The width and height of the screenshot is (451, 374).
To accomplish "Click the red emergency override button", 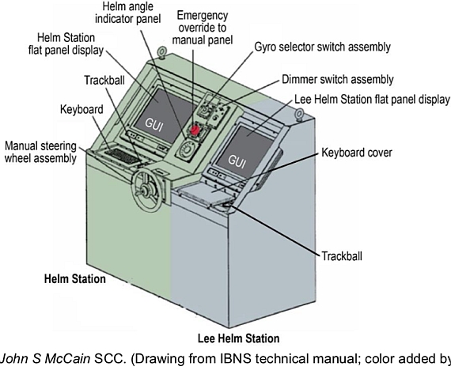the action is (x=195, y=130).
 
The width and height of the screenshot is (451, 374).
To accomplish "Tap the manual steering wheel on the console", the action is (x=146, y=190).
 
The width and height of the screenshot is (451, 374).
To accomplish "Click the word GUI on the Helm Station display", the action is (x=154, y=124).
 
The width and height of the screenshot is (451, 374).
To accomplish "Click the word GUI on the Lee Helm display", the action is (x=237, y=161).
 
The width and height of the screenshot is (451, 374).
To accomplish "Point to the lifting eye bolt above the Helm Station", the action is (x=161, y=53).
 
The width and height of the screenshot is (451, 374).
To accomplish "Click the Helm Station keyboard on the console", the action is (x=121, y=156).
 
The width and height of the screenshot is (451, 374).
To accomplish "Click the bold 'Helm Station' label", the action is (x=75, y=279).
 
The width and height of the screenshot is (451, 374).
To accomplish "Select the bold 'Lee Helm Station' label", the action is (x=238, y=338).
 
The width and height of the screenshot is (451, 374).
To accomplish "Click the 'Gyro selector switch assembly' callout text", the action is (x=323, y=47).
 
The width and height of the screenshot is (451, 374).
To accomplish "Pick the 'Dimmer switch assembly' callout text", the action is (x=338, y=80).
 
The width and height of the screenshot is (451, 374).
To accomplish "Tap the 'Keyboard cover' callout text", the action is (x=357, y=153).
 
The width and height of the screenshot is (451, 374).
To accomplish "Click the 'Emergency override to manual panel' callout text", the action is (x=203, y=28).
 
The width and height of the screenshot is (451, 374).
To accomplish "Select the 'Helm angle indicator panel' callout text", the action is (x=128, y=13).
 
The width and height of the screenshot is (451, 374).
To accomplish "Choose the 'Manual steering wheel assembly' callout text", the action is (x=40, y=152).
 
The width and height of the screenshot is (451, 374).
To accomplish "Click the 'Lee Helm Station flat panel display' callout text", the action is (x=372, y=100).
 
